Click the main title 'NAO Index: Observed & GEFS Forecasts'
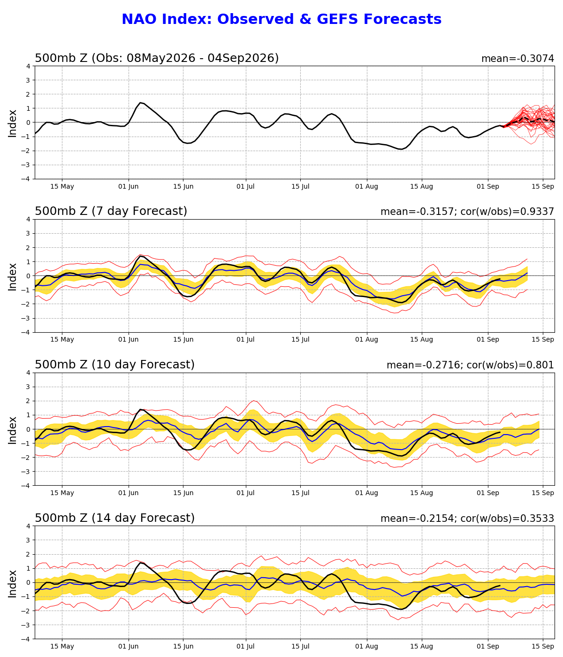[x=281, y=19]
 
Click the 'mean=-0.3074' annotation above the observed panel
[x=517, y=59]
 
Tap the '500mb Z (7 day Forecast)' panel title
[x=111, y=211]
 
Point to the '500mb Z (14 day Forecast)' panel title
[x=114, y=518]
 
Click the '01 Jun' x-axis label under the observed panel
[x=129, y=187]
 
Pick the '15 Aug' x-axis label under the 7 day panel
[x=421, y=339]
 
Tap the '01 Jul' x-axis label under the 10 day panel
[x=245, y=493]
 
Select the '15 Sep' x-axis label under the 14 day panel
[x=543, y=647]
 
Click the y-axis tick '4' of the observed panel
[x=29, y=67]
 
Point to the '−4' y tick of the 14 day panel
[x=26, y=639]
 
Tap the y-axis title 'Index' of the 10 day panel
[x=12, y=430]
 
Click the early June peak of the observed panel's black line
[x=140, y=103]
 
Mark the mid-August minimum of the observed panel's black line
[x=402, y=149]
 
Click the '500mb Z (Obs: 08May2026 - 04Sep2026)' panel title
[x=157, y=58]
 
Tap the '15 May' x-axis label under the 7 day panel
[x=62, y=339]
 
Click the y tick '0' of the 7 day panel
[x=29, y=276]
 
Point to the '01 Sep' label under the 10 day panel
[x=488, y=493]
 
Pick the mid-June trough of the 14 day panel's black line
[x=188, y=603]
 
